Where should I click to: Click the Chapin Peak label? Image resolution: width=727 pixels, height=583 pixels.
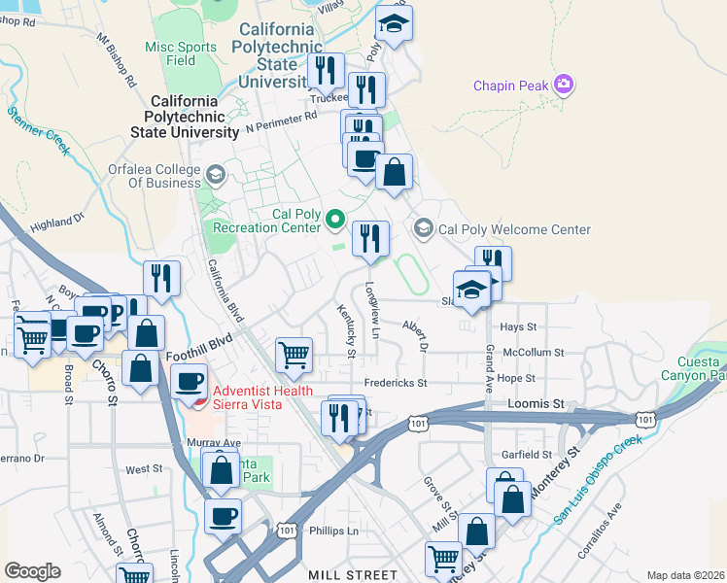pos(511,86)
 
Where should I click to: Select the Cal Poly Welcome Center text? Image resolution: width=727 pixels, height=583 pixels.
pos(514,230)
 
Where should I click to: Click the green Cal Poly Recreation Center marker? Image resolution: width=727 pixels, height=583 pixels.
pos(336,219)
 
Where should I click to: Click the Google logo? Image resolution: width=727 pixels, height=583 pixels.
pos(32,570)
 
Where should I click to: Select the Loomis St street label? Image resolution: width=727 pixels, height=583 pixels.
pos(536,402)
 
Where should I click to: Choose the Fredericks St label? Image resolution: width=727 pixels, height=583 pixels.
pos(396,383)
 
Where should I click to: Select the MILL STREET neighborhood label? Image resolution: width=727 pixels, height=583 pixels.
pos(353,575)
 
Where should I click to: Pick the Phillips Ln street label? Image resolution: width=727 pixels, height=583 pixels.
pos(333,532)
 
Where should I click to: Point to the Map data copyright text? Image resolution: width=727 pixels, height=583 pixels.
pos(684,575)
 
